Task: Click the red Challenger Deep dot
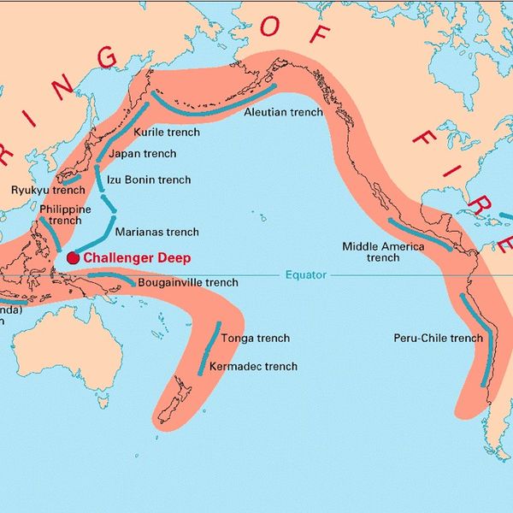coord(73,256)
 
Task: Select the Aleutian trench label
coord(283,112)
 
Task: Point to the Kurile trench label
coord(167,133)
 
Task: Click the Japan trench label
coord(148,154)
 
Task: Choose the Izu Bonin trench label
coord(148,180)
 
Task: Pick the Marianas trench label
coord(156,232)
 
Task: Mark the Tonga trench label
coord(254,339)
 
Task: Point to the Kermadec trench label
coord(253,366)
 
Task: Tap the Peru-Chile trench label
coord(438,338)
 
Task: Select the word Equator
coord(304,275)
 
